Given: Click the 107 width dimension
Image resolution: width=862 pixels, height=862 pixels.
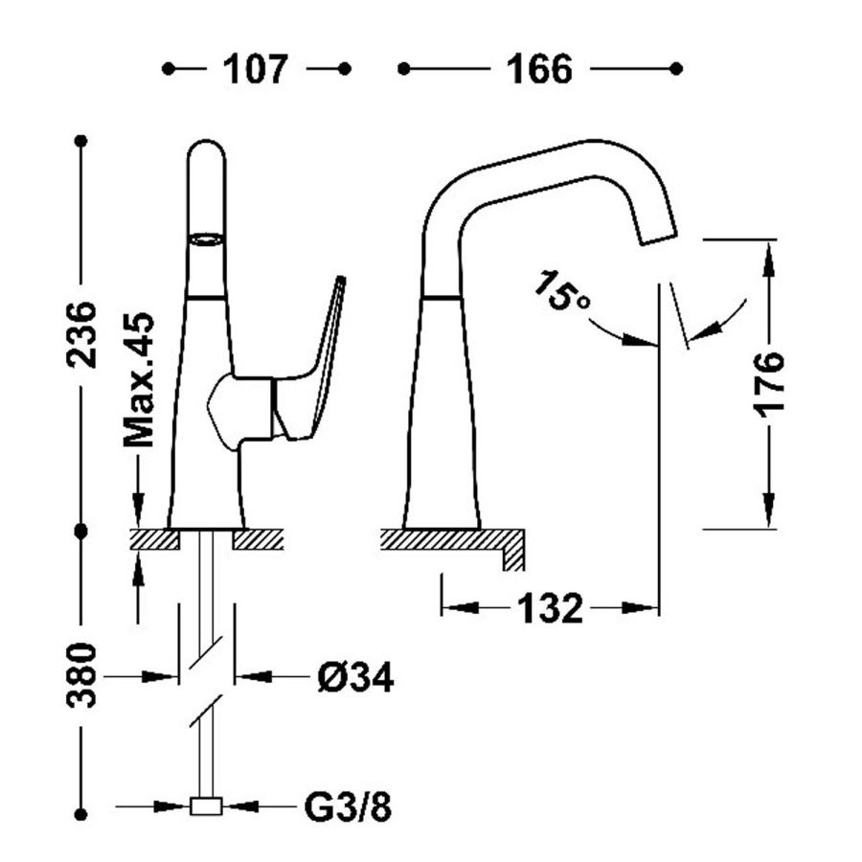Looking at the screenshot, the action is [255, 69].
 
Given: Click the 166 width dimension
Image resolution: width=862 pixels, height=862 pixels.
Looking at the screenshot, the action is [538, 69].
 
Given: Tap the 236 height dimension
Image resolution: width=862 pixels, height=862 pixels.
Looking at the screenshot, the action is [82, 335].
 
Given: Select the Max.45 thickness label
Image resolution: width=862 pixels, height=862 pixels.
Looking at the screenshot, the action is [139, 380].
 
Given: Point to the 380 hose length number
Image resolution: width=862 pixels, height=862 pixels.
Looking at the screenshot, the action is [82, 675].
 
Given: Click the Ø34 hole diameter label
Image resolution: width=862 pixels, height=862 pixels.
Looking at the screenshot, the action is [355, 677].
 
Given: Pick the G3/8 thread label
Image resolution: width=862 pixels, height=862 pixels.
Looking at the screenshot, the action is [348, 807].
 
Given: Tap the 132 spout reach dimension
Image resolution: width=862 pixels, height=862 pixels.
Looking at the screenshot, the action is [550, 608].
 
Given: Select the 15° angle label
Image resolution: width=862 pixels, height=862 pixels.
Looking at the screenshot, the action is [561, 291].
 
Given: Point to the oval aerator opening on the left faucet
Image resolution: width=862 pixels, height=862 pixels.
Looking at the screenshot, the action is [206, 239].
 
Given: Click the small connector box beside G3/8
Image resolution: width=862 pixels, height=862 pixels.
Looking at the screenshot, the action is [206, 806].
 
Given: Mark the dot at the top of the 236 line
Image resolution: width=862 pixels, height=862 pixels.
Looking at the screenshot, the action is [81, 142].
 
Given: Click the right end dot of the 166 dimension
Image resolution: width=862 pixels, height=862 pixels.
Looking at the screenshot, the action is [677, 69].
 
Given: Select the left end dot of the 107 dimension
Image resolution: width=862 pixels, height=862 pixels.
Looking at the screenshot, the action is [169, 69].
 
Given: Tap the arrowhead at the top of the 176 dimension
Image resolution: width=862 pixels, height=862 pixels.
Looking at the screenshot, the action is [769, 259].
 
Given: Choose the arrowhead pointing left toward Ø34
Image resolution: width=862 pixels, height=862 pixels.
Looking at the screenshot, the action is [254, 676].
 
